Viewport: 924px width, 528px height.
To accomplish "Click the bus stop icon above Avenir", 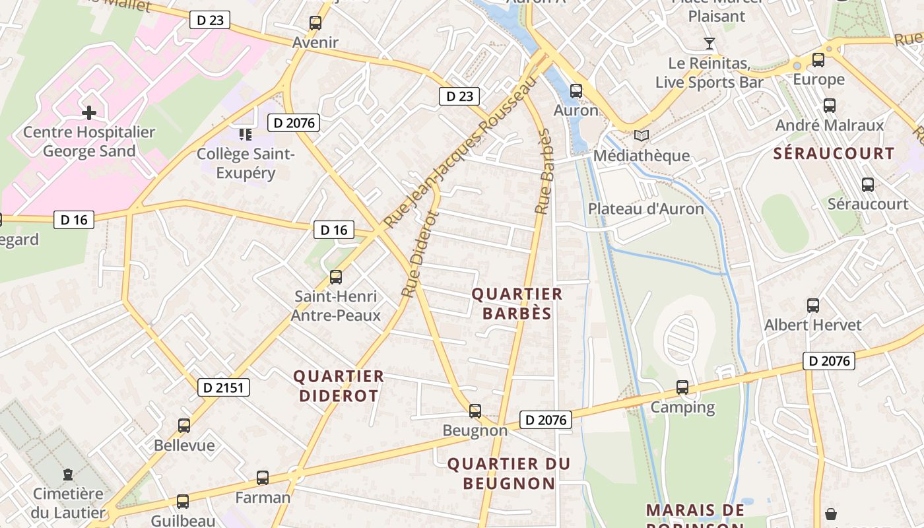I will [315, 23].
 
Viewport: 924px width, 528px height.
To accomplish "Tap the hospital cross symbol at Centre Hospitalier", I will [89, 113].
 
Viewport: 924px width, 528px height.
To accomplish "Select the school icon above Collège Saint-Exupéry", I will [246, 135].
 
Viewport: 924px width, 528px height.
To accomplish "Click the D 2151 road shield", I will [224, 387].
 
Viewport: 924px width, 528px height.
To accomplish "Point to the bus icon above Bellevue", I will [184, 426].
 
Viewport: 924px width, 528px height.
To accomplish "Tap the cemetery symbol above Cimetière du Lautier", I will [68, 474].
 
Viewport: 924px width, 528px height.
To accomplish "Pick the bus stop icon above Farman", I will [263, 478].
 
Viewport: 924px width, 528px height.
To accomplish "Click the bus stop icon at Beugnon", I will [475, 411].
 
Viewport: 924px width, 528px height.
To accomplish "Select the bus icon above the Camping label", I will [682, 387].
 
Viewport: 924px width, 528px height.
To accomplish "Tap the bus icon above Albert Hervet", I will [813, 306].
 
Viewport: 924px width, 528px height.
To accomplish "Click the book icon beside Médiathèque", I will [641, 136].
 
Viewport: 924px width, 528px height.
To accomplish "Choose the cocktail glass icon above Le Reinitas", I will [709, 44].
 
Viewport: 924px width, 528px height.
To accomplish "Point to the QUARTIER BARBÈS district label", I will [517, 304].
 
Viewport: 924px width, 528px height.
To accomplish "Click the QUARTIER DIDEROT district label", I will [339, 386].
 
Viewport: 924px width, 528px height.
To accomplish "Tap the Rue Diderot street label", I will [420, 253].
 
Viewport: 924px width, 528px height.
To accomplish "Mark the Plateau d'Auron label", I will [645, 209].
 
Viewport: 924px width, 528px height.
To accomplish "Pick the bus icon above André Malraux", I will [830, 106].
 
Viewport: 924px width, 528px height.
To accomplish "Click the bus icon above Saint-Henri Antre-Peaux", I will [336, 277].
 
